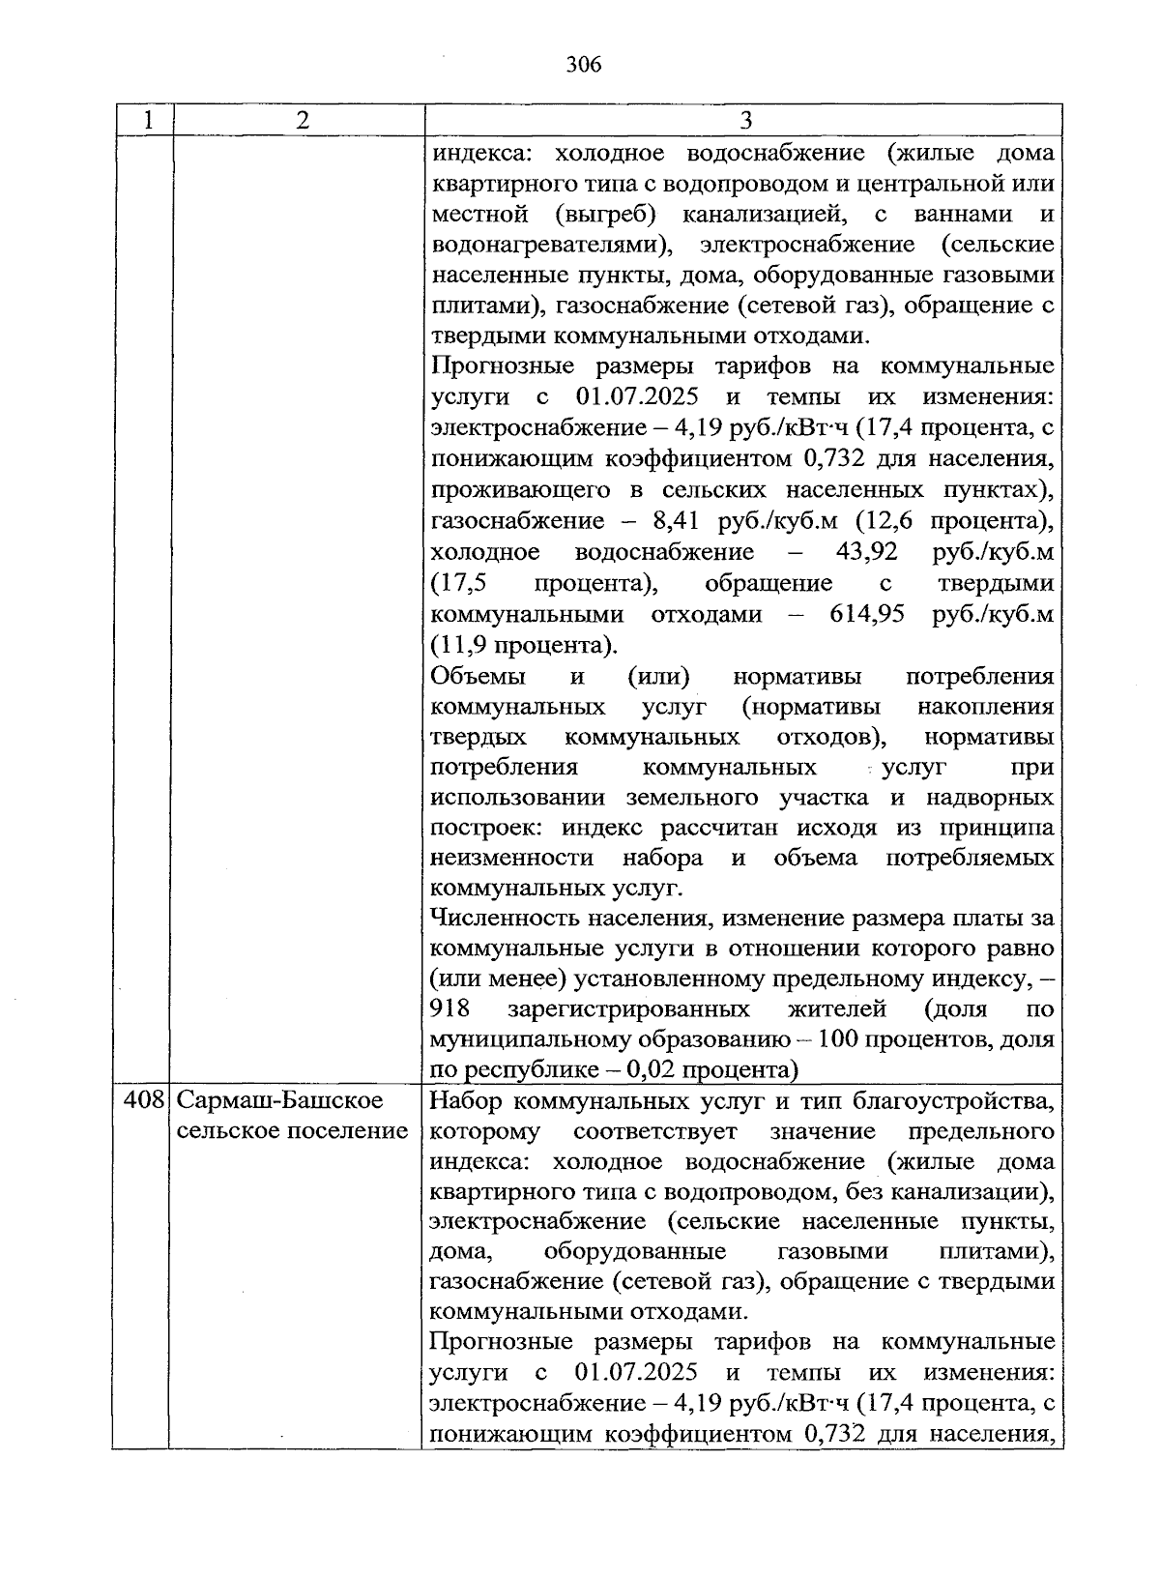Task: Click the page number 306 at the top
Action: (583, 65)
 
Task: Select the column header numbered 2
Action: (303, 120)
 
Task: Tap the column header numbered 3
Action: (744, 120)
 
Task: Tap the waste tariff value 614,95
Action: (867, 614)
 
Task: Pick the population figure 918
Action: (450, 1008)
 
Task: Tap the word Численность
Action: (499, 917)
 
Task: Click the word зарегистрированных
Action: (628, 1008)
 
